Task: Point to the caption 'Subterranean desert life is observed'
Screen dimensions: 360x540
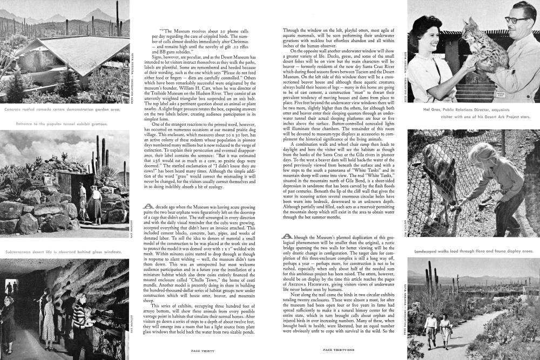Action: click(x=63, y=252)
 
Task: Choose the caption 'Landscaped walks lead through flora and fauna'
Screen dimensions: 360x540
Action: click(x=473, y=252)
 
